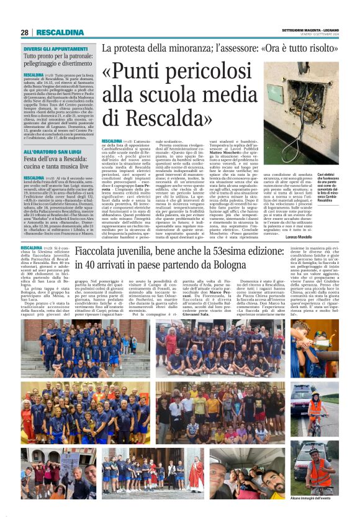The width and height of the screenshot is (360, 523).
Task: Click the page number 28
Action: (25, 32)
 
